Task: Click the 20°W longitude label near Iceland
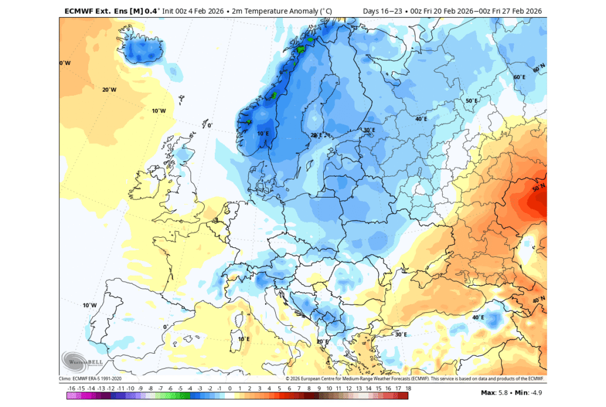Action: (109, 90)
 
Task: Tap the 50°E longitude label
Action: (471, 101)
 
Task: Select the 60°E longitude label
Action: (520, 77)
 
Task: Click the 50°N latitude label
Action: (539, 188)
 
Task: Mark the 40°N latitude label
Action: (539, 301)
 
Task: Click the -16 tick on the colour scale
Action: (72, 388)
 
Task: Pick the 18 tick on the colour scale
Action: (408, 388)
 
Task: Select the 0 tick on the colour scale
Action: (238, 388)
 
